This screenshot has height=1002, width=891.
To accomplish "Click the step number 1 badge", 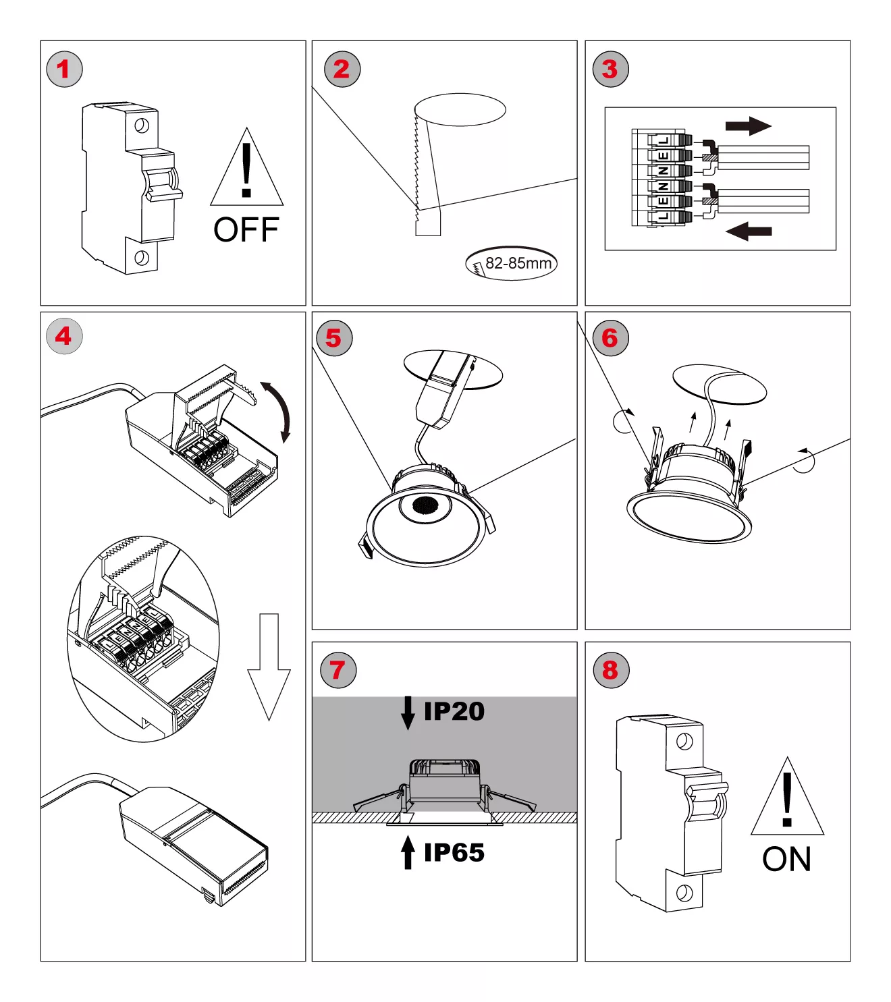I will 64,69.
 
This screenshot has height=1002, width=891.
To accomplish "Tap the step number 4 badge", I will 64,336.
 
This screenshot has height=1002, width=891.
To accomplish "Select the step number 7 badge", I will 337,670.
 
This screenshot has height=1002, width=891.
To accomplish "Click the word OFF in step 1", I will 246,230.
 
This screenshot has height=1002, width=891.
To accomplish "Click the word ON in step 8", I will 786,859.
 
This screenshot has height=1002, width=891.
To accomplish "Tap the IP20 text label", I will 454,711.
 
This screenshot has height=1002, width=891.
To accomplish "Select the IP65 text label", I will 454,853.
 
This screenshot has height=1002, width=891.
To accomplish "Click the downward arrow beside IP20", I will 408,713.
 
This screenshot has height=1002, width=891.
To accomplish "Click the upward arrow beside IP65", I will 408,852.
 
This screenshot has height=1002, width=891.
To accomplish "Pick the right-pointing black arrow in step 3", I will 748,126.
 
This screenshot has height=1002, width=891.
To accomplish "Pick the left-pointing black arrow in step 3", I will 748,231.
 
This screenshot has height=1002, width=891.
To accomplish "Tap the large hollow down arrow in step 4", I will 269,665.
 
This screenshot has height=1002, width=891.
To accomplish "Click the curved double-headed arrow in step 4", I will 278,410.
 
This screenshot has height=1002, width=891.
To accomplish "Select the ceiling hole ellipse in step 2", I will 460,109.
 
